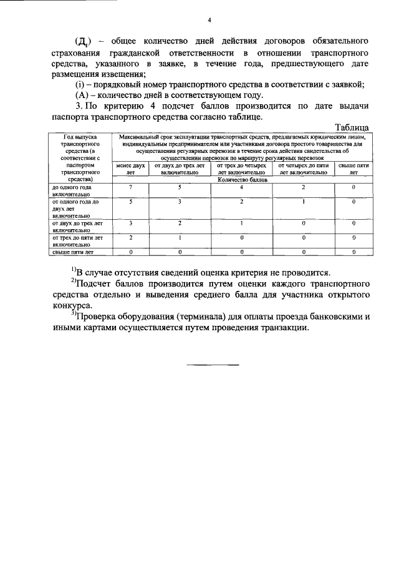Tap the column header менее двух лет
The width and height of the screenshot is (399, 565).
(x=130, y=169)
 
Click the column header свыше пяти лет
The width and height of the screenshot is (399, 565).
(x=353, y=169)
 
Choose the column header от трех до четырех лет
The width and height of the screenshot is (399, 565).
(x=241, y=169)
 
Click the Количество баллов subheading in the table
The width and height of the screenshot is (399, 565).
(x=241, y=179)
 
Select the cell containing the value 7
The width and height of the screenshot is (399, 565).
(x=130, y=187)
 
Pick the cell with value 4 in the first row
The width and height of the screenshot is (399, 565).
(x=241, y=187)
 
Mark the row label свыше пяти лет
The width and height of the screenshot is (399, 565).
(x=72, y=252)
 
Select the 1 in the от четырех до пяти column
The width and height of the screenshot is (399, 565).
(x=304, y=202)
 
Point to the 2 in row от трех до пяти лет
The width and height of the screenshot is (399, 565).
(x=130, y=237)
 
